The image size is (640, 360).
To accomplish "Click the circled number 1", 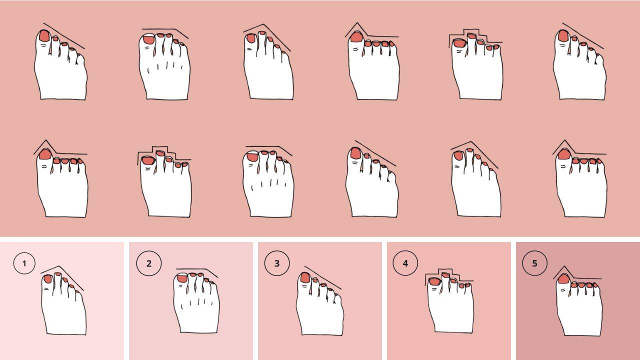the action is coord(24,263).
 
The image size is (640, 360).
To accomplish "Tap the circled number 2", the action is coord(149,263).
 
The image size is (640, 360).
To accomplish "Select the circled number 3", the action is coord(277,263).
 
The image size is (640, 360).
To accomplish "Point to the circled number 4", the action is coord(405,263).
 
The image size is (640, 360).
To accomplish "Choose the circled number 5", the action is coord(534,263).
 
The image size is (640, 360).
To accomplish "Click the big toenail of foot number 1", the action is coord(47,279).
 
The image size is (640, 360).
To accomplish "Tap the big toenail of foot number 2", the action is coord(182,278).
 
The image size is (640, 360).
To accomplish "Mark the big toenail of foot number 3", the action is coord(305,277).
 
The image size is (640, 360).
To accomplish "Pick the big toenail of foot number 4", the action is coord(434,282).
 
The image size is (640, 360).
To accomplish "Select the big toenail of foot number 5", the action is coord(563,279).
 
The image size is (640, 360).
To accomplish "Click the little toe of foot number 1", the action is coord(79,294).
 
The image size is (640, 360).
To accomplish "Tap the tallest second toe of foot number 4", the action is coord(445,283).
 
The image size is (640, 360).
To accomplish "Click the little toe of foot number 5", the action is coord(596,288).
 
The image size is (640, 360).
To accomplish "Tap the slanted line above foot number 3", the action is coord(323,277).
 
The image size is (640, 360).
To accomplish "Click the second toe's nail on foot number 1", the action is coord(58,274).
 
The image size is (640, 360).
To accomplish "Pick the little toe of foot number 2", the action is coord(212,288).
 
